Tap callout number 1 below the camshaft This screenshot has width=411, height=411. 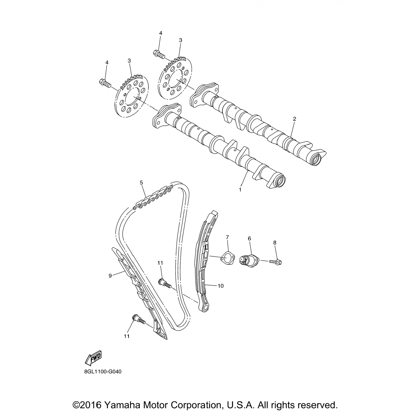click(240, 189)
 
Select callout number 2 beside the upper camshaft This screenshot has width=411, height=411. click(295, 119)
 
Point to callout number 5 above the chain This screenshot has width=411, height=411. click(141, 182)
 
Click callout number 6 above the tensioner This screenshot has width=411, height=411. click(249, 239)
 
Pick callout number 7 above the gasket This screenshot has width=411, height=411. click(227, 237)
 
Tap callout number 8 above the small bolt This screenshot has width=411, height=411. click(275, 242)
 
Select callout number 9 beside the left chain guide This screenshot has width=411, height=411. click(110, 276)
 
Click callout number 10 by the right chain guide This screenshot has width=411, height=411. click(221, 286)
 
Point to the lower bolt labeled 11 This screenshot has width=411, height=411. click(139, 320)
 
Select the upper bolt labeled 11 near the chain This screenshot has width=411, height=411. click(165, 283)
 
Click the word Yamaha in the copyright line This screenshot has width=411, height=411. click(120, 397)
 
